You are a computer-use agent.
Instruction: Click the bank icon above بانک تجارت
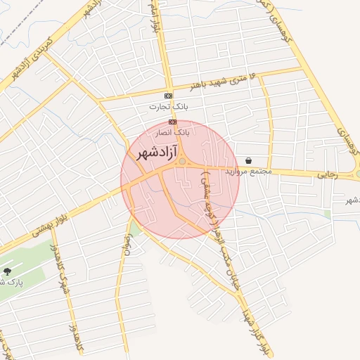click(x=168, y=96)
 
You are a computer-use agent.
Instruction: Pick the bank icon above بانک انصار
click(x=173, y=122)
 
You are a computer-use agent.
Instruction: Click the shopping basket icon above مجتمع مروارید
click(x=249, y=161)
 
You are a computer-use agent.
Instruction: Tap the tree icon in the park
click(x=8, y=271)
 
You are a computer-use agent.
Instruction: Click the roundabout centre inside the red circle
click(x=182, y=162)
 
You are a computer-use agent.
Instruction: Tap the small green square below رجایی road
click(x=328, y=214)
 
